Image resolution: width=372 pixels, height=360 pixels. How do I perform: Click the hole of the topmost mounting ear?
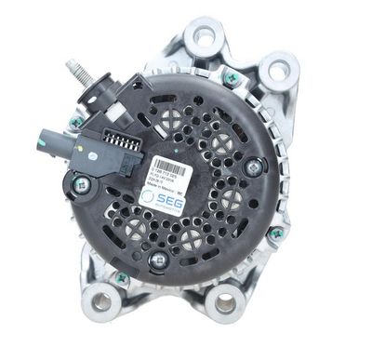pos(202,35)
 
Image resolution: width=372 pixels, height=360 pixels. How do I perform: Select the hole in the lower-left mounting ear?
pos(100,301)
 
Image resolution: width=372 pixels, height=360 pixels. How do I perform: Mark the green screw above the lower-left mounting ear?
pos(122,276)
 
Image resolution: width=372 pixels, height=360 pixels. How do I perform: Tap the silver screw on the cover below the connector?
pos(82,185)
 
